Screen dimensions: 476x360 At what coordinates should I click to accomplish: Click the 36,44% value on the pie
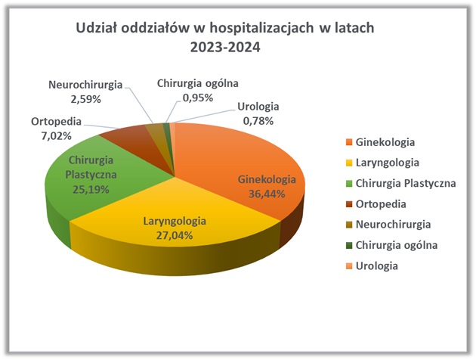pyautogui.click(x=267, y=194)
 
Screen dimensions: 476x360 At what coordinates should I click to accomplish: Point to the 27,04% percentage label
pyautogui.click(x=175, y=235)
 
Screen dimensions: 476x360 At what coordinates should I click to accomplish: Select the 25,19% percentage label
pyautogui.click(x=91, y=190)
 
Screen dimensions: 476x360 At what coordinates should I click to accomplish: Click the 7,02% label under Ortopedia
pyautogui.click(x=56, y=136)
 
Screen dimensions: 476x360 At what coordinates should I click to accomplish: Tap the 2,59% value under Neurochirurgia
pyautogui.click(x=85, y=99)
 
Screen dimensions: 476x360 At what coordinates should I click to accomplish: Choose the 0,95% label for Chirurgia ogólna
pyautogui.click(x=198, y=98)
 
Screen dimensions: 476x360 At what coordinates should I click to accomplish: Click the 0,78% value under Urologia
pyautogui.click(x=258, y=121)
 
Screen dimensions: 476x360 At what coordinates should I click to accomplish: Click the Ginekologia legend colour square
pyautogui.click(x=349, y=142)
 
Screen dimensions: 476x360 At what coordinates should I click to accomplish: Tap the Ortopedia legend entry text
pyautogui.click(x=381, y=204)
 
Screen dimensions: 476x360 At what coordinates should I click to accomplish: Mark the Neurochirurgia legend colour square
pyautogui.click(x=349, y=225)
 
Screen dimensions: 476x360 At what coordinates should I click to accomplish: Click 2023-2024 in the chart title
pyautogui.click(x=225, y=47)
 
